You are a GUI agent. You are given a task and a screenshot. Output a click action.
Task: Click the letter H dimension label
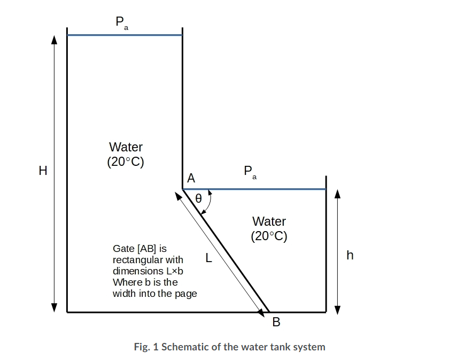pos(43,171)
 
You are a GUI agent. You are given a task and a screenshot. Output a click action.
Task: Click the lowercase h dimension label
pos(350,255)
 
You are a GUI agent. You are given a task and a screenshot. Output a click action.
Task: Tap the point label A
pos(191,178)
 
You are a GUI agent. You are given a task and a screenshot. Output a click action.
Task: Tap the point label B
pos(276,322)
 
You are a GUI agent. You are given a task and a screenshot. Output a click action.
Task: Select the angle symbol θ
pos(198,198)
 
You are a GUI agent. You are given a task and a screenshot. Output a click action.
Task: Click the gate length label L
pos(209,258)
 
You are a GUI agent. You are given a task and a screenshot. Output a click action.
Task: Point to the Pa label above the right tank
pos(250,172)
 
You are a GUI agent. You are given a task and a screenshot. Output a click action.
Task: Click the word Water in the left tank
pos(126,147)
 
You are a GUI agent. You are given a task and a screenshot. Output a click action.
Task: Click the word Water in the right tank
pos(269,221)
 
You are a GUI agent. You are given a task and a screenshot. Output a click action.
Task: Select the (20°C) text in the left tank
pos(126,162)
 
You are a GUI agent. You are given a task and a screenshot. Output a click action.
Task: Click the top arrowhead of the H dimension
pos(54,40)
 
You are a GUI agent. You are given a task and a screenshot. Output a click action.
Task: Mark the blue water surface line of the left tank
pos(125,35)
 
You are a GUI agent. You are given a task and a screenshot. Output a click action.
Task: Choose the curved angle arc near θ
pos(209,202)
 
